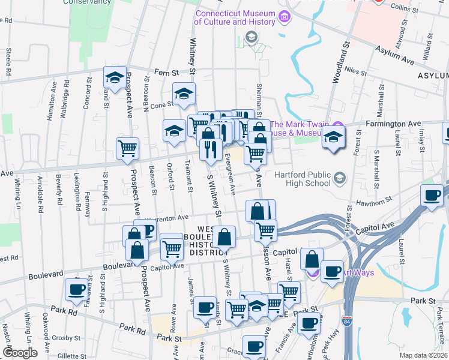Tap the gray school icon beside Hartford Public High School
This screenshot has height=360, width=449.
click(x=340, y=178)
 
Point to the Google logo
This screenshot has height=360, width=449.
click(x=20, y=352)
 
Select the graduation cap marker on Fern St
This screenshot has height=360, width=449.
click(x=115, y=76)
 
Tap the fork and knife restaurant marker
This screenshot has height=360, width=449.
click(x=209, y=149)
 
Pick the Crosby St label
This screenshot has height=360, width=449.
click(x=62, y=337)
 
